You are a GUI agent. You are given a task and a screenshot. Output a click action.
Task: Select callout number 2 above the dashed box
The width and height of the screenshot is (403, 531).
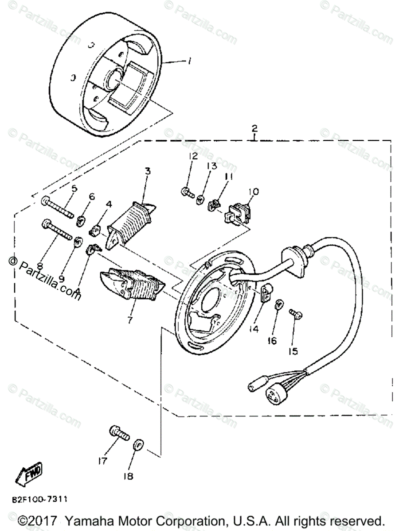pos(254,129)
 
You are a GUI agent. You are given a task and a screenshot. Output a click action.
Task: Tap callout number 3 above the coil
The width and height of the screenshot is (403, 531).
pos(148,171)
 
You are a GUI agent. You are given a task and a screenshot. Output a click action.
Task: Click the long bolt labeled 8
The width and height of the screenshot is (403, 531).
pos(58,230)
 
